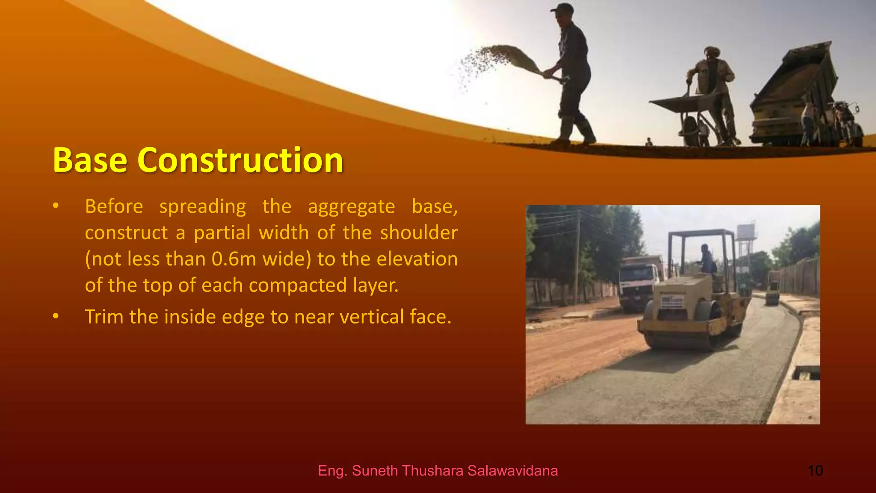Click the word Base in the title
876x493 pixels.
[90, 160]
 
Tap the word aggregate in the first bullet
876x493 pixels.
[351, 207]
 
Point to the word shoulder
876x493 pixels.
[419, 233]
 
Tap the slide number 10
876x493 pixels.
[815, 471]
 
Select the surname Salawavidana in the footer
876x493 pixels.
[512, 471]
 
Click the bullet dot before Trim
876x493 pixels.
[56, 317]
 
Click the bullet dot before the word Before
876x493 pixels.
[56, 206]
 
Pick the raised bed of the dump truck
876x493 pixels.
[796, 73]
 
